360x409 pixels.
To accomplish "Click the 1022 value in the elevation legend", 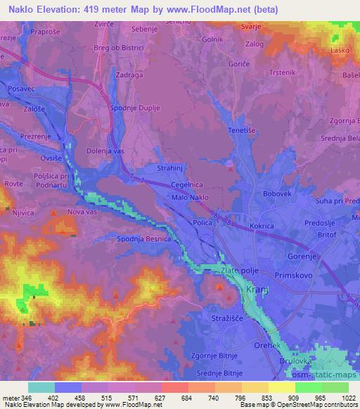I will (x=350, y=397).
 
